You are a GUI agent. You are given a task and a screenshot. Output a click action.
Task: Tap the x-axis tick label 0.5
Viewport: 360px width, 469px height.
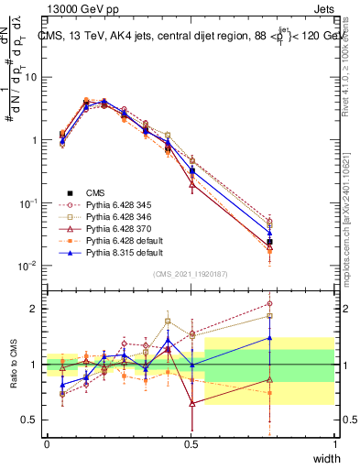pos(191,444)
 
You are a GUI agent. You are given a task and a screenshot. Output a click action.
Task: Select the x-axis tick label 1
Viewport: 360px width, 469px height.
pos(335,444)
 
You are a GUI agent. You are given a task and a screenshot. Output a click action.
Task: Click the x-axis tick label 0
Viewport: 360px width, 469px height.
pos(46,444)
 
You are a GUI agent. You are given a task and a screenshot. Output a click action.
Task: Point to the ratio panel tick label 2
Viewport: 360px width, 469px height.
pos(36,309)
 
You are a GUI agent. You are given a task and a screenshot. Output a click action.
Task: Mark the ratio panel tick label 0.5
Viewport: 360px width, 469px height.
pos(31,420)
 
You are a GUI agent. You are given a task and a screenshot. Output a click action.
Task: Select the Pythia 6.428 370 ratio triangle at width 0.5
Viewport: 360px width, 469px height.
pos(191,403)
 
